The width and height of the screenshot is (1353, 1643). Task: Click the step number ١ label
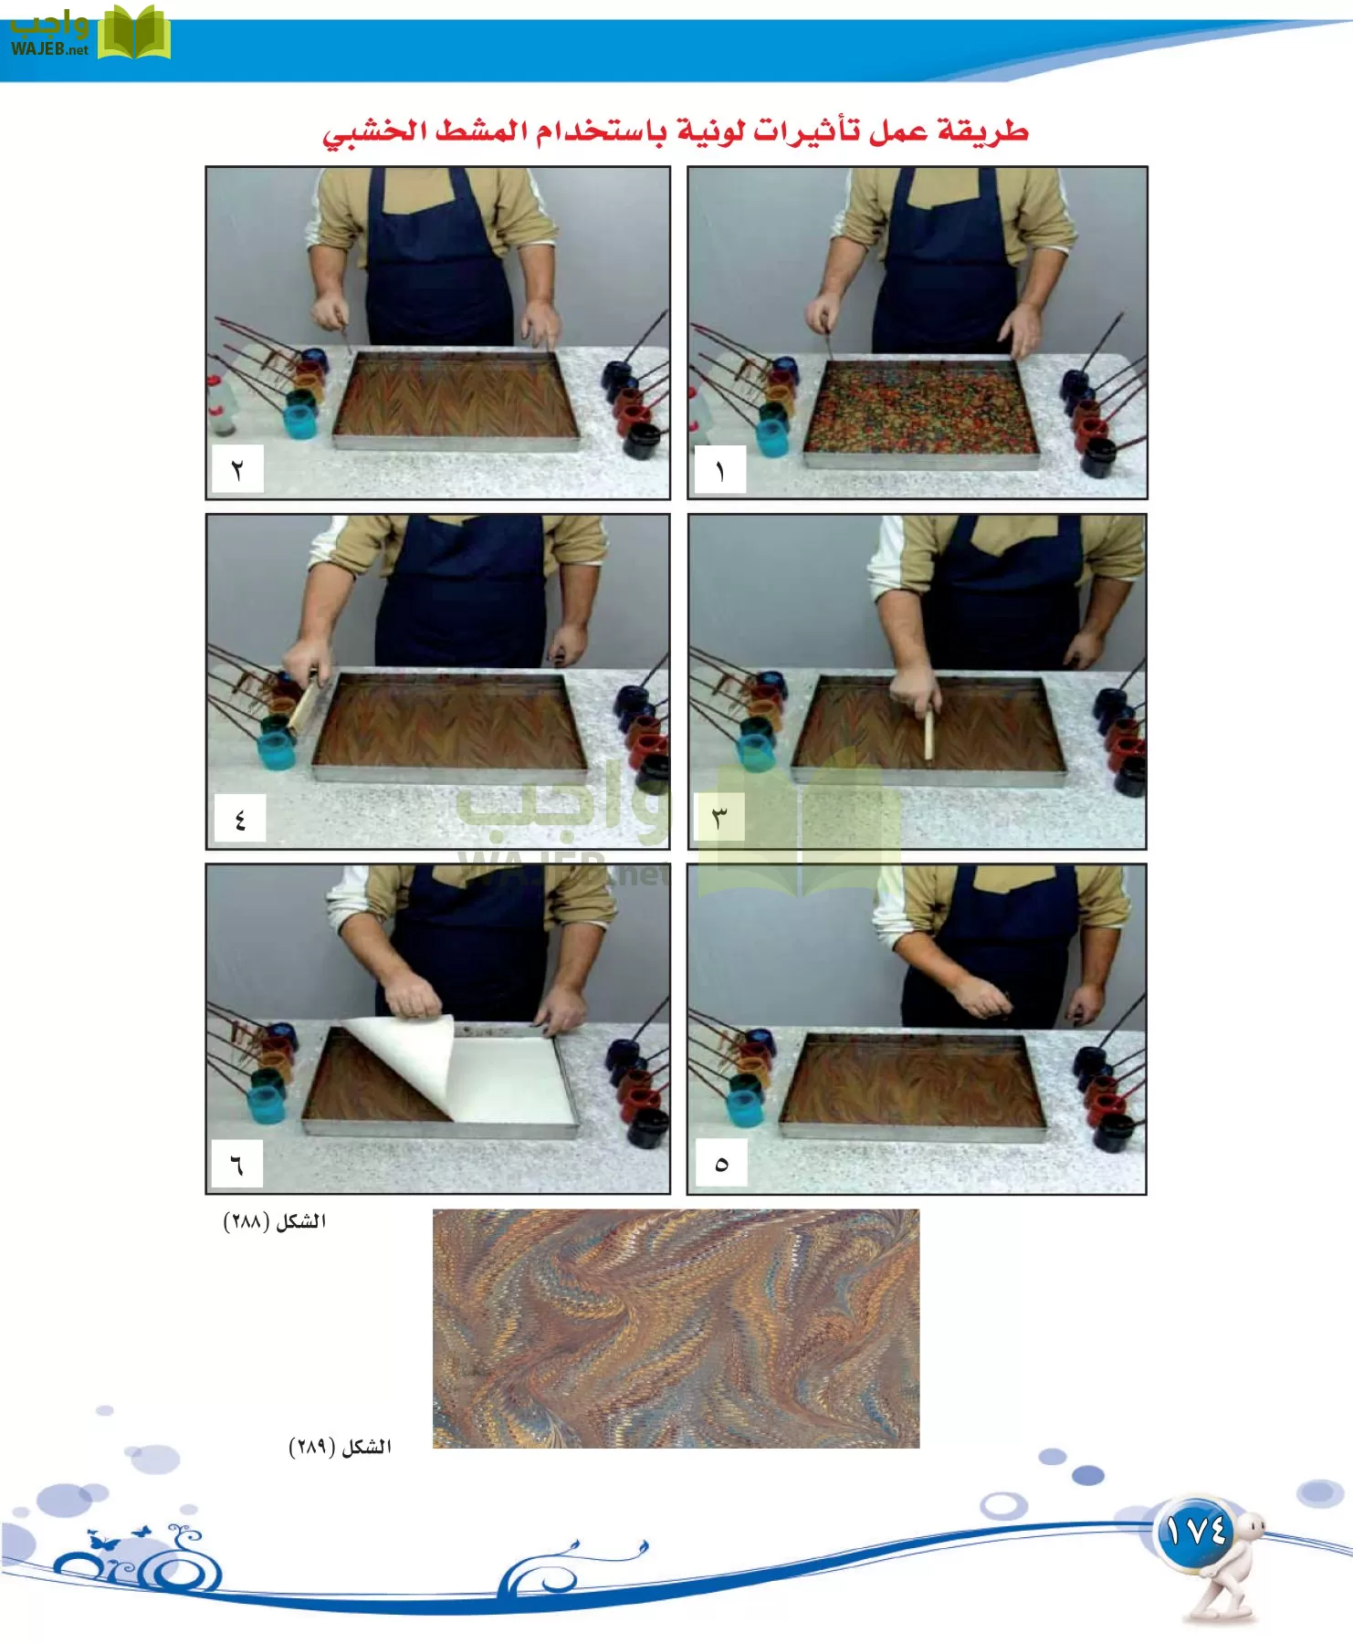720,469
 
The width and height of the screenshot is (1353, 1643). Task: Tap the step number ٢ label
237,469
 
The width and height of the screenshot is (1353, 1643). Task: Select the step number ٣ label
719,817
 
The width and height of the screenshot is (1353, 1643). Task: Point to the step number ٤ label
239,818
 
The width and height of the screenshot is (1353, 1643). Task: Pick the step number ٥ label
721,1163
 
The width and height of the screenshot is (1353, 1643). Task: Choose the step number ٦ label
237,1164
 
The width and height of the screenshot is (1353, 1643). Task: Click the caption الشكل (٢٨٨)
275,1221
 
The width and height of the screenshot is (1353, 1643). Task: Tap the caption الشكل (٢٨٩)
340,1447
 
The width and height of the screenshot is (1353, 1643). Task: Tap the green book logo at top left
134,33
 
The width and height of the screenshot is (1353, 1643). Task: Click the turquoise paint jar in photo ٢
300,421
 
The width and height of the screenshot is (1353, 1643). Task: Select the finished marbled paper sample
676,1328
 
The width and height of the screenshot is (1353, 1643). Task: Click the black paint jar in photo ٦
647,1127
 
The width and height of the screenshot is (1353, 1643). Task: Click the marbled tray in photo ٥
913,1083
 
